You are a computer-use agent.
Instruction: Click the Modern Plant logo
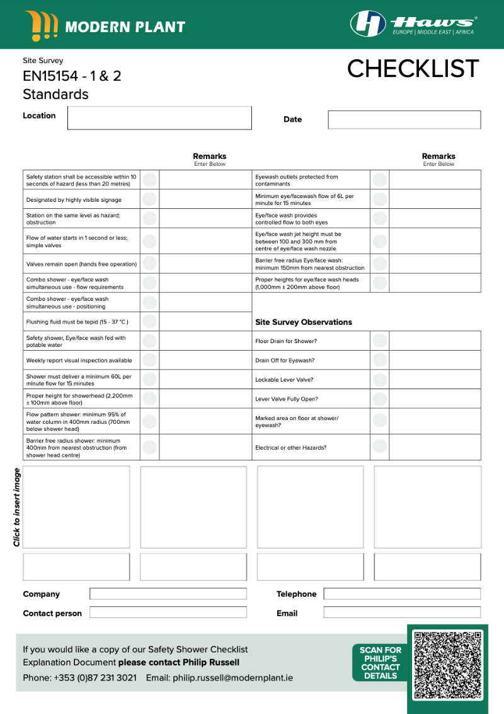pos(105,26)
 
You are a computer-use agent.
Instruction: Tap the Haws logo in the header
pos(413,24)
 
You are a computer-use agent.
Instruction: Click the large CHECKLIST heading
pos(413,69)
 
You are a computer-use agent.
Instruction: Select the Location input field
pos(159,118)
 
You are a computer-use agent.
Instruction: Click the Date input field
pos(404,120)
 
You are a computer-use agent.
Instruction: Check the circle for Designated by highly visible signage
pos(149,199)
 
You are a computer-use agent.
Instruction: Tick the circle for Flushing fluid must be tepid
pos(149,322)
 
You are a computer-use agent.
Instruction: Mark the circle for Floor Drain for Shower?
pos(380,341)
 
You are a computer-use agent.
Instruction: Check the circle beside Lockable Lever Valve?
pos(380,380)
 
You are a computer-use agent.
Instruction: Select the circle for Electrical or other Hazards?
pos(380,447)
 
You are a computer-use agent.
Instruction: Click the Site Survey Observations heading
pos(303,322)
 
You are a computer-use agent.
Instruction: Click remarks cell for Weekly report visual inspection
pos(205,360)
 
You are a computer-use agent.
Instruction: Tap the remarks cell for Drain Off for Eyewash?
pos(434,360)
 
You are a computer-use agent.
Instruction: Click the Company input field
pos(168,594)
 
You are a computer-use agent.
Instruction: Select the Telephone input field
pos(402,594)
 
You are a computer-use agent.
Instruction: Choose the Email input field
pos(402,612)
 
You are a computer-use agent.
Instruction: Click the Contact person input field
pos(168,612)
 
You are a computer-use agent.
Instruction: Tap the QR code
pos(447,662)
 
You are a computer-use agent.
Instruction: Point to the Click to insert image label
pos(17,507)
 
